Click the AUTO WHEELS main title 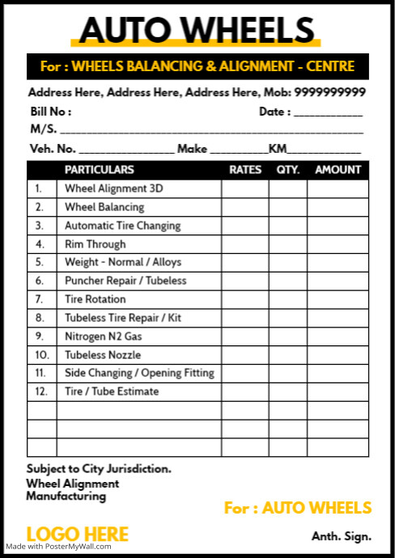click(197, 29)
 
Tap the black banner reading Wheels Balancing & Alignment click(197, 66)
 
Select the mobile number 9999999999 click(329, 92)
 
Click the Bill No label click(50, 112)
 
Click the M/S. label click(42, 129)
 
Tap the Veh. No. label click(53, 149)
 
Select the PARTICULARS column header click(99, 170)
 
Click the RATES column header click(245, 170)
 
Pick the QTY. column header click(288, 170)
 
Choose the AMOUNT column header click(338, 170)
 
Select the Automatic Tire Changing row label click(122, 226)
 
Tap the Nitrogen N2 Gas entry click(103, 336)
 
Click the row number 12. click(41, 391)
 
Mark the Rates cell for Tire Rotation click(245, 299)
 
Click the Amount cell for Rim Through click(338, 244)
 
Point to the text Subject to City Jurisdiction click(99, 468)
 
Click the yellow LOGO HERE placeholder click(78, 534)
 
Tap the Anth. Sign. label click(342, 536)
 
